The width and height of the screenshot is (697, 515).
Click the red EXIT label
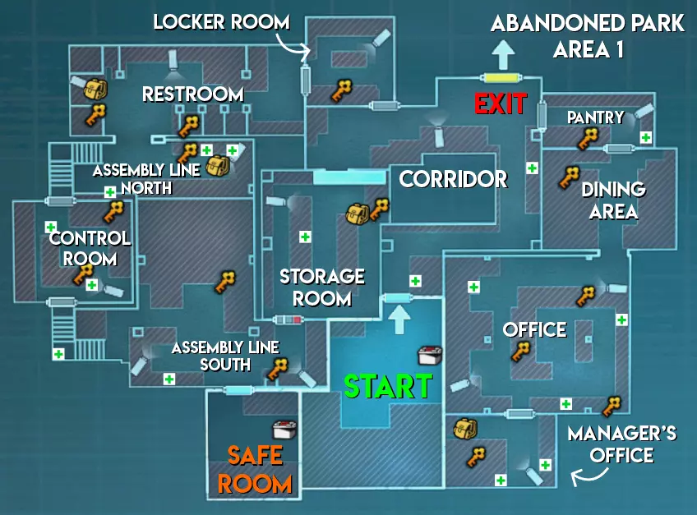point(501,104)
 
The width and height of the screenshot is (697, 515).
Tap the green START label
point(388,386)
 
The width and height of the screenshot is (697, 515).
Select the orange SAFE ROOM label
point(255,470)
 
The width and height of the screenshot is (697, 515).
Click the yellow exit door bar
point(502,78)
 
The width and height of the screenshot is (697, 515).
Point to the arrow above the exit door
point(503,55)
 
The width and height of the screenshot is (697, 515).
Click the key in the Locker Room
point(341,90)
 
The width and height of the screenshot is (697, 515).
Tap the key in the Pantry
point(589,138)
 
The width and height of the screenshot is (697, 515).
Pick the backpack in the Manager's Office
point(465,429)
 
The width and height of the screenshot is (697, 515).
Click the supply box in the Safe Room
point(284,430)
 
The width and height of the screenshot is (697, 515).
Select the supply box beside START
point(430,356)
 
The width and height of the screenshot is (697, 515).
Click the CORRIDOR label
point(453,180)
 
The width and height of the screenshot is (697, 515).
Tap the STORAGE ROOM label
point(322,287)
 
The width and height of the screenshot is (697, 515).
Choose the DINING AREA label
point(614,200)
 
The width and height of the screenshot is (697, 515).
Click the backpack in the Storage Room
point(358,214)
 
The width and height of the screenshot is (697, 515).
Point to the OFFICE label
point(534,329)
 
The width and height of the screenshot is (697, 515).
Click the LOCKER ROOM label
point(221,22)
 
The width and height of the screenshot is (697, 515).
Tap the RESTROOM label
point(193,94)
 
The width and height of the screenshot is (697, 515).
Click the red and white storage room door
point(288,320)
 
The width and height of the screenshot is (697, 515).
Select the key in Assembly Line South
point(277,369)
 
